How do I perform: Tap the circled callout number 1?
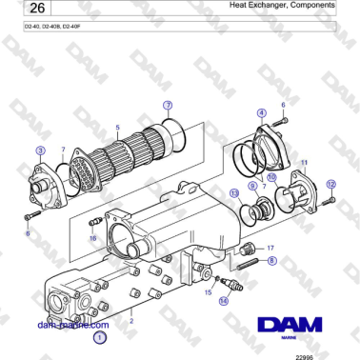point(100,336)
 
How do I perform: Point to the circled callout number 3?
point(39,150)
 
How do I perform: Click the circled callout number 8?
point(271,259)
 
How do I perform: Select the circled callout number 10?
point(270,177)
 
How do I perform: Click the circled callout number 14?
point(224,300)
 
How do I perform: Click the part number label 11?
point(303,165)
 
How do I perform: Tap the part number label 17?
point(270,247)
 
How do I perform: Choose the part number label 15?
point(208,292)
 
